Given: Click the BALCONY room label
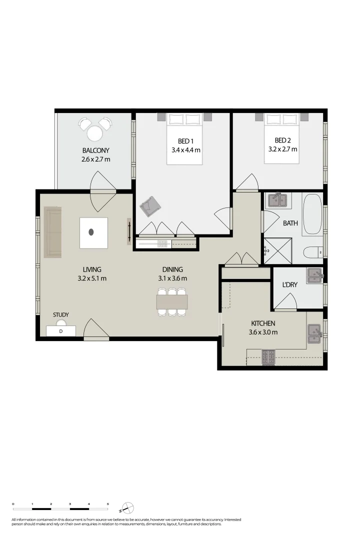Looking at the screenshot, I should [x=95, y=150].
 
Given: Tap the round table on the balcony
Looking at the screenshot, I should [x=94, y=133].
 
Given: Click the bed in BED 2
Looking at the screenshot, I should [x=282, y=139].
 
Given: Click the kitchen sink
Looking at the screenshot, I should [x=314, y=333].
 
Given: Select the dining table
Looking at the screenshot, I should [x=172, y=302].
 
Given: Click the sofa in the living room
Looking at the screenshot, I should [x=52, y=232].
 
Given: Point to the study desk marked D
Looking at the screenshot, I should [x=61, y=331].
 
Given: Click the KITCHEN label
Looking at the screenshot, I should [x=263, y=323].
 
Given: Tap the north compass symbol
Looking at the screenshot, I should [x=127, y=508].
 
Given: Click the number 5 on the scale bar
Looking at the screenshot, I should [x=107, y=503].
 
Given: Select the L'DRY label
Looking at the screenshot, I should [x=290, y=284].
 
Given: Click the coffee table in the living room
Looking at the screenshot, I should [x=93, y=232].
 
